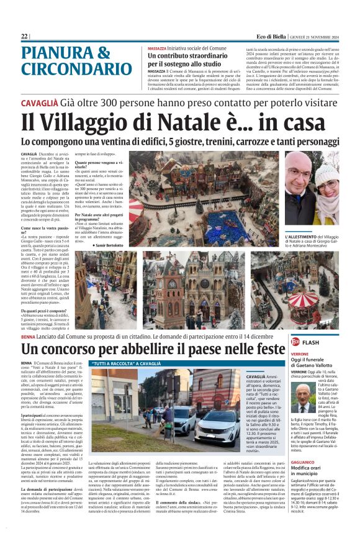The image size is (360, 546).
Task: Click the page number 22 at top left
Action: (24, 37)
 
